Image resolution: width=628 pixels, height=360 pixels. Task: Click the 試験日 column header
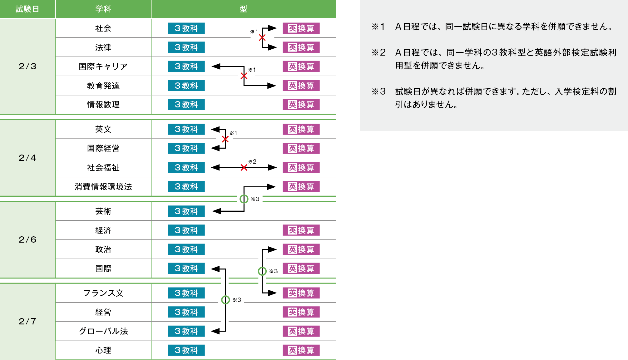tap(27, 9)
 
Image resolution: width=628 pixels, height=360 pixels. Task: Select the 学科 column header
tap(103, 9)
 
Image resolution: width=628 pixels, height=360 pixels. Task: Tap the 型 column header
tap(243, 9)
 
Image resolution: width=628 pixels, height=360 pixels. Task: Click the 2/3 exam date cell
tap(27, 66)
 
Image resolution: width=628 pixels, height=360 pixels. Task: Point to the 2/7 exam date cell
tap(27, 321)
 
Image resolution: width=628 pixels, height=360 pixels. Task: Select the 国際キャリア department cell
tap(103, 67)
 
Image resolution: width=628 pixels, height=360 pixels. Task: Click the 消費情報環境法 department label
tap(103, 187)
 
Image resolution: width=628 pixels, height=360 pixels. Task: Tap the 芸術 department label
tap(103, 211)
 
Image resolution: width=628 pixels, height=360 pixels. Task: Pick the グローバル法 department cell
tap(103, 331)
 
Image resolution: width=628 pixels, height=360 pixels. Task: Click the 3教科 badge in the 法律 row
tap(186, 47)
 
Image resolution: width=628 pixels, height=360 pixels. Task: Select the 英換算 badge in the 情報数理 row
tap(301, 105)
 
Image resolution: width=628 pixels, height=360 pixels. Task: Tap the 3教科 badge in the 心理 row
tap(186, 350)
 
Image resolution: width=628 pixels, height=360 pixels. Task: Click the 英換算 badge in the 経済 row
tap(301, 230)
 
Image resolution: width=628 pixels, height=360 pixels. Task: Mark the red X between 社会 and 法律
tap(262, 38)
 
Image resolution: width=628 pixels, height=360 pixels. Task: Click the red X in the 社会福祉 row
tap(244, 168)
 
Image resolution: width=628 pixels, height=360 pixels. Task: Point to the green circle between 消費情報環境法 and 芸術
tap(244, 199)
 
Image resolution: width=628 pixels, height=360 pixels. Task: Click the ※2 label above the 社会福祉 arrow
tap(252, 161)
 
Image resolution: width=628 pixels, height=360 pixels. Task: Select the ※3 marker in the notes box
tap(378, 91)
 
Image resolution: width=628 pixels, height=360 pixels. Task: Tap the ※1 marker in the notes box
tap(378, 27)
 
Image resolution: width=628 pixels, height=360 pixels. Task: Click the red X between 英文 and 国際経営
tap(225, 139)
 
